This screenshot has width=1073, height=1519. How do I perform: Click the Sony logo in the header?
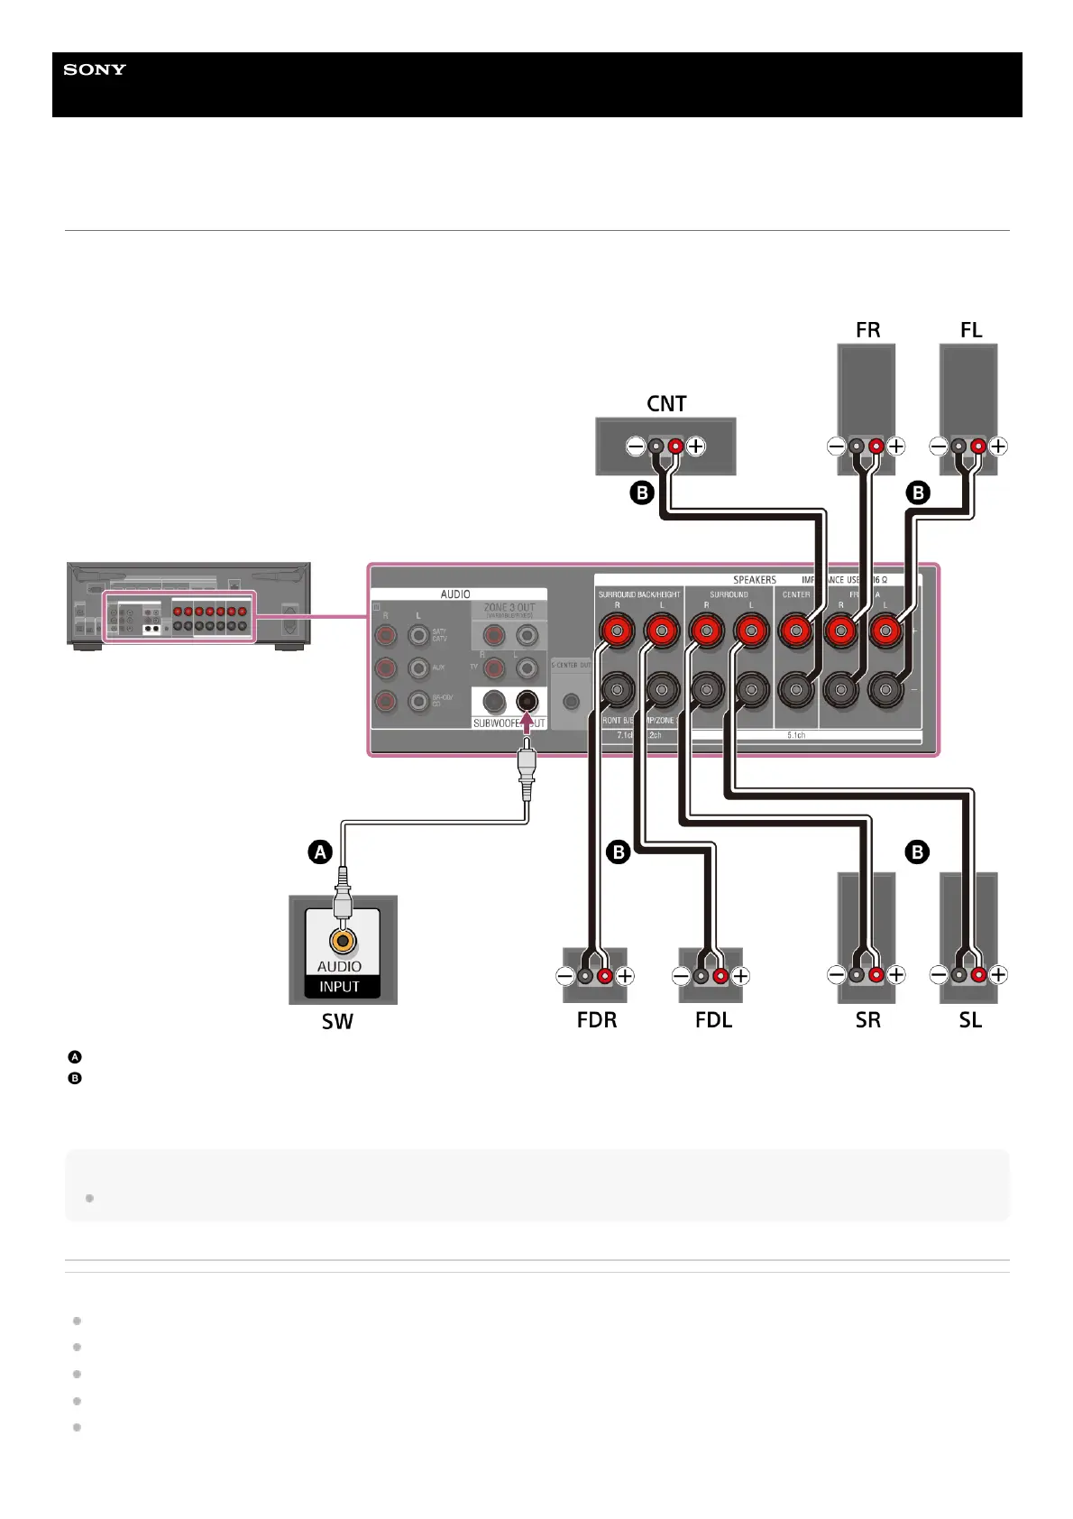[x=95, y=69]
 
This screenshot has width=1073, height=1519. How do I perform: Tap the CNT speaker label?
[x=666, y=403]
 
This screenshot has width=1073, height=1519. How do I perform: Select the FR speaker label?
[x=867, y=330]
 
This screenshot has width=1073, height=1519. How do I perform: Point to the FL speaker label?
[x=970, y=330]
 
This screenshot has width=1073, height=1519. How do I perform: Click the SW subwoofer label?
[x=337, y=1021]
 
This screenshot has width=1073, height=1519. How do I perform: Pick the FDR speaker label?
[x=597, y=1020]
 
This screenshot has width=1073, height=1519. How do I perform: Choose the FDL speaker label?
[x=713, y=1020]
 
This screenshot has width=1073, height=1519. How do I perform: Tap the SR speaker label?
[x=867, y=1020]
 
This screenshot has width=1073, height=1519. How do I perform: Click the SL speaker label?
[x=970, y=1020]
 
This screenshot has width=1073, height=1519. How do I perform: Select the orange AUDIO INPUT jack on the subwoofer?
[x=343, y=941]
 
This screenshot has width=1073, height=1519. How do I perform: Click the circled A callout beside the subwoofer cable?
[x=320, y=852]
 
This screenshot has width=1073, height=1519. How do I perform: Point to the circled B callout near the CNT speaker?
[x=641, y=493]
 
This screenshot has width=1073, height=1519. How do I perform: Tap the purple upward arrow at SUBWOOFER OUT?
[x=527, y=722]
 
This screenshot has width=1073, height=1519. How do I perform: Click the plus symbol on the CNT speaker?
[x=696, y=446]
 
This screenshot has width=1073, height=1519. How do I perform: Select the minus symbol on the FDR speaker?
[x=564, y=975]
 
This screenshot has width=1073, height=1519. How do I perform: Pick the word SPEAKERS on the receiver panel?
[x=754, y=580]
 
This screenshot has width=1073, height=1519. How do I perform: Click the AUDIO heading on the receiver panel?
[x=455, y=594]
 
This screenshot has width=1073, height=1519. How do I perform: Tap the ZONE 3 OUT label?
[x=509, y=608]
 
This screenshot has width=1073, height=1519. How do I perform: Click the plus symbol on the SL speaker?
[x=998, y=974]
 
